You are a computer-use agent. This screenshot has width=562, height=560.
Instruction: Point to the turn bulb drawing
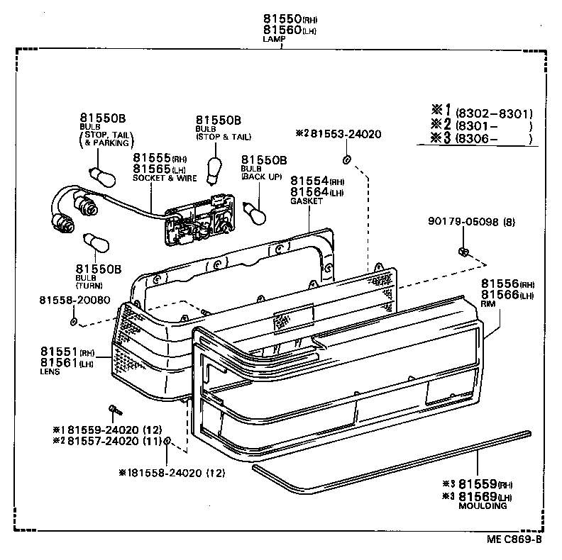pos(94,245)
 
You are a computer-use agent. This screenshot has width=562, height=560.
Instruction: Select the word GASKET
pos(307,201)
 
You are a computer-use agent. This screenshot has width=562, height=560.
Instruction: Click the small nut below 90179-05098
pos(462,252)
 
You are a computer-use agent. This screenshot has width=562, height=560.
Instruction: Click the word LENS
pos(50,371)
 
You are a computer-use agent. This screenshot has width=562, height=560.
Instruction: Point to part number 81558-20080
pos(75,301)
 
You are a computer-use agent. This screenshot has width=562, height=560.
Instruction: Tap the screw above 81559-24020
pos(114,409)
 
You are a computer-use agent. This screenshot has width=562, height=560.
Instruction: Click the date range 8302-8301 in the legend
pos(494,113)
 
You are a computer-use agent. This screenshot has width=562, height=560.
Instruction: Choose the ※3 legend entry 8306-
pos(483,138)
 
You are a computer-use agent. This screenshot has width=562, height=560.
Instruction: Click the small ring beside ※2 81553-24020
pos(347,157)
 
